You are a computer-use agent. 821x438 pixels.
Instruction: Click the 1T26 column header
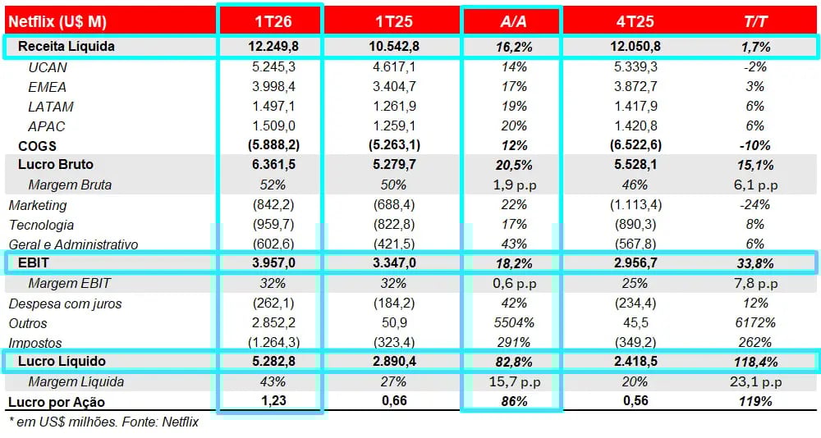coord(270,21)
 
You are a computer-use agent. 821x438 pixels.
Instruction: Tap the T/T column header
coord(755,21)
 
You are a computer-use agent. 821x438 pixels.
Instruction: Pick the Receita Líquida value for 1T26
coord(270,47)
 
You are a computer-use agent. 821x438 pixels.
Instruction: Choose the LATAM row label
coord(50,107)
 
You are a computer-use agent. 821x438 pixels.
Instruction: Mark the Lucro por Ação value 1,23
coord(270,401)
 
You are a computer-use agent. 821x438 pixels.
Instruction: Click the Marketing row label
coord(38,205)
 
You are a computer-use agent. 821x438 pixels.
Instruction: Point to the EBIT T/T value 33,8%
coord(755,263)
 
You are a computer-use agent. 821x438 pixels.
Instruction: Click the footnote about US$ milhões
coord(103,422)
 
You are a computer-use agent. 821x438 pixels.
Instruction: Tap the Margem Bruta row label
coord(70,185)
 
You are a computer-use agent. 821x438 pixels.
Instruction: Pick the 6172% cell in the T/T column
coord(755,323)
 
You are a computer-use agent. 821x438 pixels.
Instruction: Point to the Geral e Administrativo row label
coord(73,244)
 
